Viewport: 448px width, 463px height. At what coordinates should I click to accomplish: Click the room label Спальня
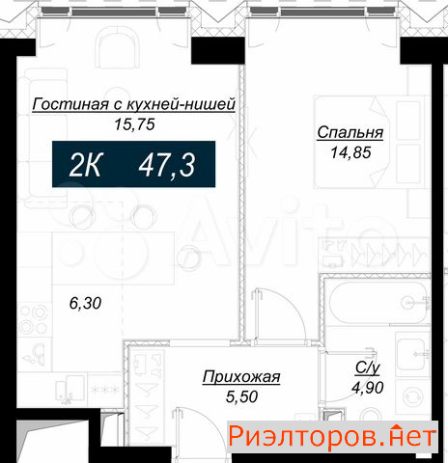point(350,133)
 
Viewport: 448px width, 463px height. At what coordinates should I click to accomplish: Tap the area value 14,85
point(350,152)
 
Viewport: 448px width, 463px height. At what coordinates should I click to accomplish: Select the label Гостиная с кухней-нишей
point(134,104)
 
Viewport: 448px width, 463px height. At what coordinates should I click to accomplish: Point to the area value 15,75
point(134,124)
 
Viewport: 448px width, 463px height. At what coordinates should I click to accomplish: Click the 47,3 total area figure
point(167,165)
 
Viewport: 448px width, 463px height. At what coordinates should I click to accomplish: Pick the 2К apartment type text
point(86,165)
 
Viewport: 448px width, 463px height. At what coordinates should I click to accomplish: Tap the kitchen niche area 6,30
point(85,303)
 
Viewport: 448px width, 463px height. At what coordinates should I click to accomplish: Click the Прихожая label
point(241,377)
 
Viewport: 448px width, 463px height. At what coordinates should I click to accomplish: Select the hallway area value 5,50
point(241,396)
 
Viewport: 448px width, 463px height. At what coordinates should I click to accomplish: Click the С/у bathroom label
point(368,368)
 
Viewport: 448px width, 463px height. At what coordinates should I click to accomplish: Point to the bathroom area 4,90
point(368,388)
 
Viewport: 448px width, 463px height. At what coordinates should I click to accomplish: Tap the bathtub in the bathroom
point(378,303)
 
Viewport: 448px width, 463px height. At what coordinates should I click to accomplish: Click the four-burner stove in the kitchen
point(34,319)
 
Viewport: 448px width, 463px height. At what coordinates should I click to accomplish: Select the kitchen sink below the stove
point(34,354)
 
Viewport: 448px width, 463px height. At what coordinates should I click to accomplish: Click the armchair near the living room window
point(119,48)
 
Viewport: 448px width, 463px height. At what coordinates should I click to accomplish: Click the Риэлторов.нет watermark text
point(332,437)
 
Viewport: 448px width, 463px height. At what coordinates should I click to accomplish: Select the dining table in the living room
point(113,259)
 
